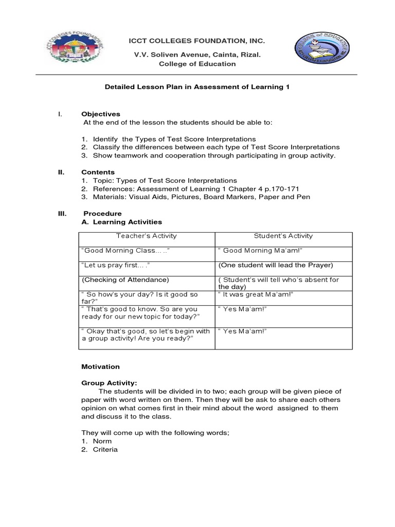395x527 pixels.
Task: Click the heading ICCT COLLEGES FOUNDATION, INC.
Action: [197, 41]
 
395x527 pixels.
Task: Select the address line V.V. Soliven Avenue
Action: [197, 54]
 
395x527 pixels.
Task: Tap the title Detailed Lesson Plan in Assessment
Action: [197, 87]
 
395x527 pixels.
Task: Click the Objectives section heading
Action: [101, 114]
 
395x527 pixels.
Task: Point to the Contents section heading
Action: [98, 172]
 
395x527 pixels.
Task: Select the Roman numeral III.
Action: [62, 213]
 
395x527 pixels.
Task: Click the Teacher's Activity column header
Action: [146, 236]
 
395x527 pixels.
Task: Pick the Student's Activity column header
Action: [283, 236]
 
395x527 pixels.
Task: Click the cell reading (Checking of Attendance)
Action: [125, 279]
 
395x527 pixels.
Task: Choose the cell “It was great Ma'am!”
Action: [256, 294]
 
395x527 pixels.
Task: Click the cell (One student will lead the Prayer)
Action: [276, 265]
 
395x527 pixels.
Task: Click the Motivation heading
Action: [101, 366]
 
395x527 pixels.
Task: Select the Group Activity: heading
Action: [109, 383]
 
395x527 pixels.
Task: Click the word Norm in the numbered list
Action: [102, 441]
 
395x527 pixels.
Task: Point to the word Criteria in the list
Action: [105, 449]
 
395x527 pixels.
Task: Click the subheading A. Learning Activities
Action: [122, 222]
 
